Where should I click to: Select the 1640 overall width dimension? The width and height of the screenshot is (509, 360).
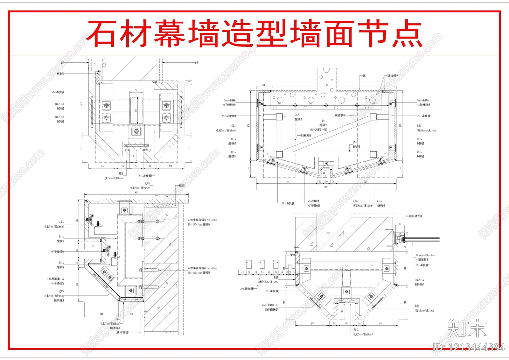[326, 187]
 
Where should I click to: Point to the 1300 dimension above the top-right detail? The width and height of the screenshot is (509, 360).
[326, 85]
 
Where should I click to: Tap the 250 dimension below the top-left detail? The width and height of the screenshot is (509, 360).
[171, 166]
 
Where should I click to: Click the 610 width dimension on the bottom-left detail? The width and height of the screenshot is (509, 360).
[136, 193]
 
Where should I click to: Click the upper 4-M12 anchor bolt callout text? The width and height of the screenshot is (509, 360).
[202, 220]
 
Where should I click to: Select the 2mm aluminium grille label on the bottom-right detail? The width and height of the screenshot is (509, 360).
[247, 289]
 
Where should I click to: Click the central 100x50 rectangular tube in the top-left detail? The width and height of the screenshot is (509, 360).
[136, 110]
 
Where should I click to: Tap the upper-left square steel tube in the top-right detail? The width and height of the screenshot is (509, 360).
[279, 117]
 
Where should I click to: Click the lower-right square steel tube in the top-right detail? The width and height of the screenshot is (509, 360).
[373, 155]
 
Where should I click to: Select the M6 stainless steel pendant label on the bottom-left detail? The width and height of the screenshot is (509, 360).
[57, 251]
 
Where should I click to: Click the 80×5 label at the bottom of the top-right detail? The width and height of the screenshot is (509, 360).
[380, 201]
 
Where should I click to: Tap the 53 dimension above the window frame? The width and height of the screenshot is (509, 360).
[400, 224]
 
